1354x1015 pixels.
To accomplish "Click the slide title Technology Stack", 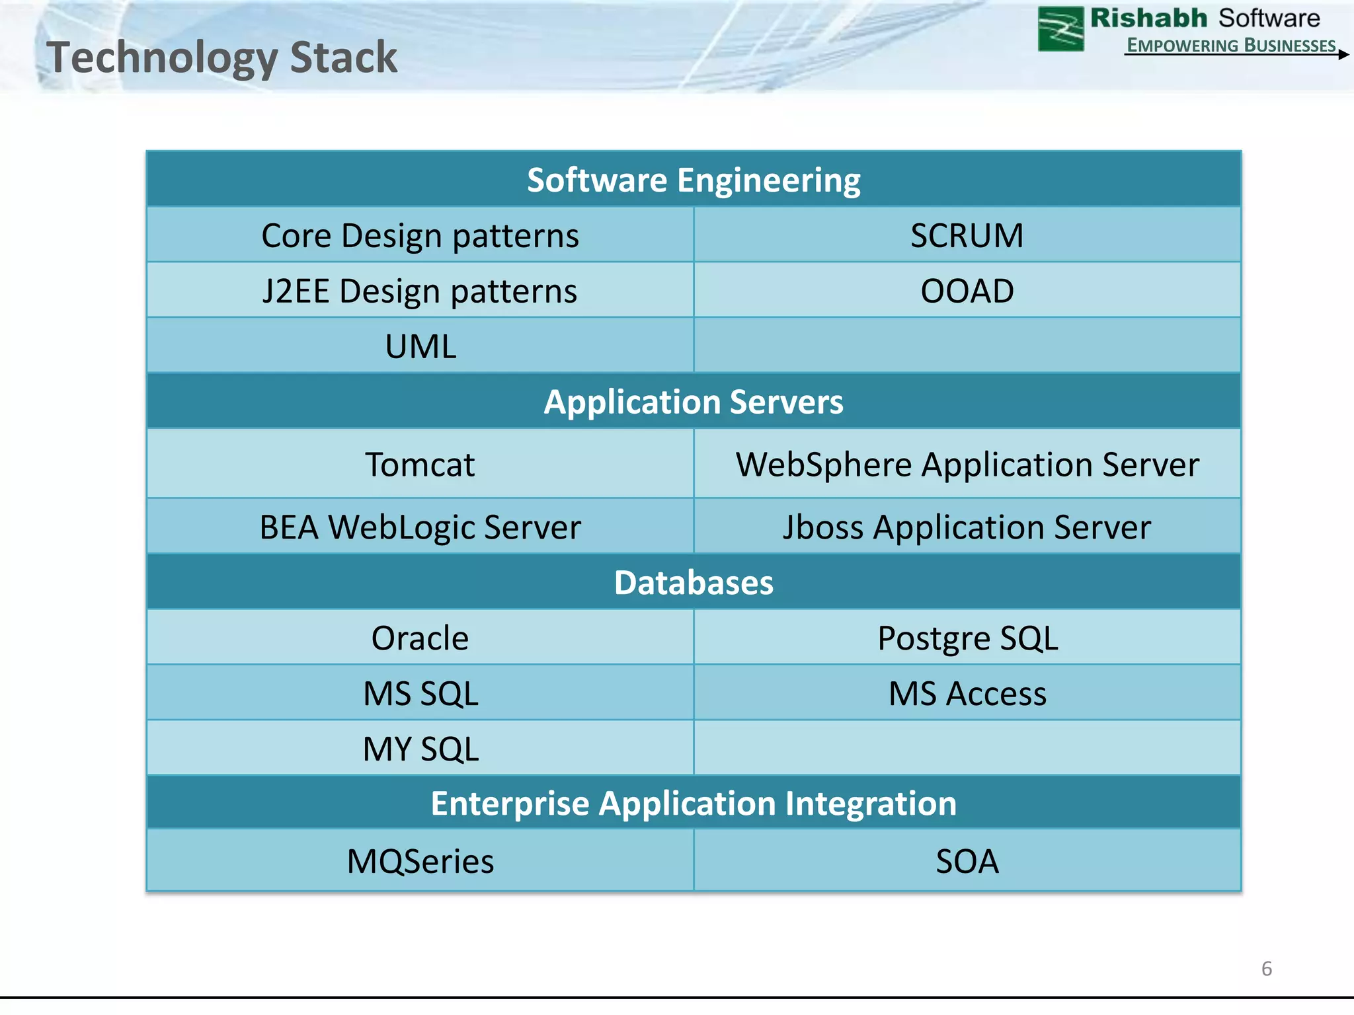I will tap(221, 57).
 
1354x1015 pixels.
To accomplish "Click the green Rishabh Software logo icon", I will tap(1060, 28).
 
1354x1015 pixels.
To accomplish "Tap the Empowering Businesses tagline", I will tap(1230, 45).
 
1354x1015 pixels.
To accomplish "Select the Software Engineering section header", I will tap(693, 180).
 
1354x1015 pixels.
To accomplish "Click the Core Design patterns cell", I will tap(420, 236).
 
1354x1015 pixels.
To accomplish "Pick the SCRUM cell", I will tap(967, 236).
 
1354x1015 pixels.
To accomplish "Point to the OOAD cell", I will tap(967, 291).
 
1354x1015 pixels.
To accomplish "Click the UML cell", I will tap(420, 347).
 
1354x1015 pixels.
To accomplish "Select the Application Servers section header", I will tap(693, 402).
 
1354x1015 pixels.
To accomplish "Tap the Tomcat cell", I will tap(420, 465).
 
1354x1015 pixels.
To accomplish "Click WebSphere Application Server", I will tap(967, 465).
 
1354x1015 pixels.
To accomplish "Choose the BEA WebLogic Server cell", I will tap(420, 527).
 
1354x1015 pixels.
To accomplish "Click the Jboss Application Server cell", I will tap(967, 527).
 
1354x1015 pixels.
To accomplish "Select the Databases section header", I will tap(693, 583).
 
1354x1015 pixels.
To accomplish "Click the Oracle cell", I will tap(420, 638).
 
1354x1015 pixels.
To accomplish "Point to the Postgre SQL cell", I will tap(967, 638).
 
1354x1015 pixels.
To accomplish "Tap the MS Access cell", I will tap(967, 694).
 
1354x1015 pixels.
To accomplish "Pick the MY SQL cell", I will tap(420, 749).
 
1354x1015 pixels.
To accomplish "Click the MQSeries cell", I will tap(420, 862).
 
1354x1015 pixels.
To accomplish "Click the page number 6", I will tap(1266, 969).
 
